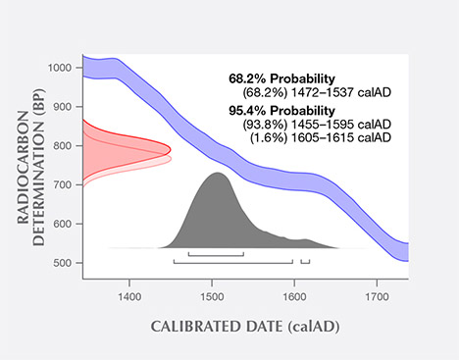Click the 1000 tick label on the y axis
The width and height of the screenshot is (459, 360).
point(61,68)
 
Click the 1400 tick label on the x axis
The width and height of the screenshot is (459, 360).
point(128,293)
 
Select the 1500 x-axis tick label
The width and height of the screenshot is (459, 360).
point(211,293)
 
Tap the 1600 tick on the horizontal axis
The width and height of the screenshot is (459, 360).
point(293,293)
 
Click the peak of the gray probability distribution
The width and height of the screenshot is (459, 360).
point(217,174)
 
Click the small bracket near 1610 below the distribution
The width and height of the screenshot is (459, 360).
point(305,262)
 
